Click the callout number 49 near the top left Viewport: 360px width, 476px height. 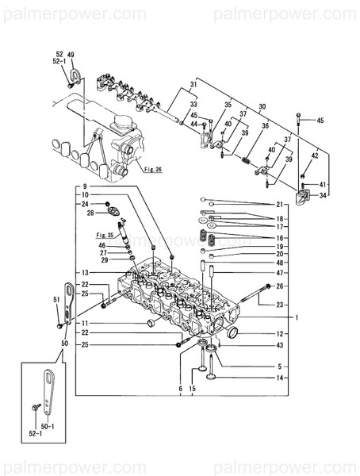click(71, 55)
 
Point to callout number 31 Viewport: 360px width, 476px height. click(192, 86)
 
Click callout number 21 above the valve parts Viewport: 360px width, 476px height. click(279, 204)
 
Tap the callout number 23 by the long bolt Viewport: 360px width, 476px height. click(279, 305)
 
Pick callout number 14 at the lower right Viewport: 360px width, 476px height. click(279, 378)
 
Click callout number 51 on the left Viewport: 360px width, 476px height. click(56, 299)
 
